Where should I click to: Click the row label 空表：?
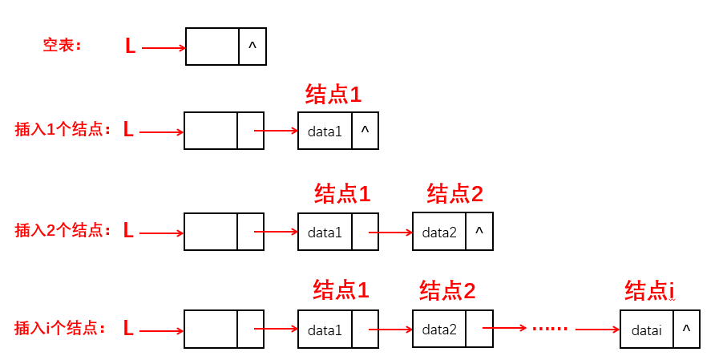click(x=63, y=46)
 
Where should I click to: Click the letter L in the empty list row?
click(x=130, y=47)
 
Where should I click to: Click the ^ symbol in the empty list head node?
click(x=252, y=47)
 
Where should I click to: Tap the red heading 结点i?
click(x=650, y=291)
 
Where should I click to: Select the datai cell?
click(x=646, y=330)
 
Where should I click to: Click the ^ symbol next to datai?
click(x=686, y=329)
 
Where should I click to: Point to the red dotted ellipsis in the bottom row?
click(x=549, y=328)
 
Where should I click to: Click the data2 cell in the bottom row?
click(x=439, y=330)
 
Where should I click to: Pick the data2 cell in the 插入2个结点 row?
click(x=439, y=233)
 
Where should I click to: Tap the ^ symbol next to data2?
click(x=479, y=231)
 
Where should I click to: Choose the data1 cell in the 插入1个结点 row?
click(x=325, y=131)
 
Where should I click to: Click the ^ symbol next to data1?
click(x=365, y=130)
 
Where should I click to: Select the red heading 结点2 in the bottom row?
click(x=447, y=290)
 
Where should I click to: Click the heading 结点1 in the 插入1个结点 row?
click(x=333, y=95)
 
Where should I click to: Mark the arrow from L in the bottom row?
click(x=161, y=330)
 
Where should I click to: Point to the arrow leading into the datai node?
click(x=597, y=329)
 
